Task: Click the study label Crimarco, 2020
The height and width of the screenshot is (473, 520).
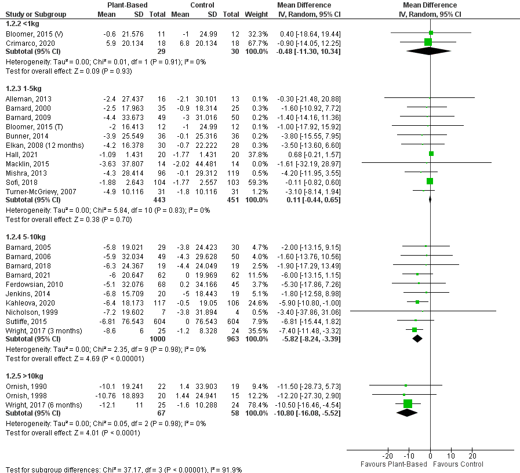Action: (24, 43)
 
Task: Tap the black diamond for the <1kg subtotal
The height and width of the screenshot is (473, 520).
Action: (430, 51)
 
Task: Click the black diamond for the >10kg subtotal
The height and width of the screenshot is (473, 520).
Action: (408, 412)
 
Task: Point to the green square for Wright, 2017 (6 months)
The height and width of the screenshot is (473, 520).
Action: (408, 403)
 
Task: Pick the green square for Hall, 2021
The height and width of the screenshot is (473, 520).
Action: (431, 154)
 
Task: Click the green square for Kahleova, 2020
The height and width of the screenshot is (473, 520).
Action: (417, 302)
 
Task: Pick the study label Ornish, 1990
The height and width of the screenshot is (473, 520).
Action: (21, 386)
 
